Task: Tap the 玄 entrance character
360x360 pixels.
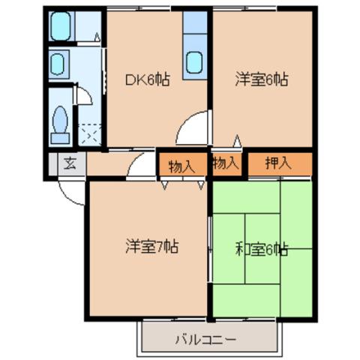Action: [69, 163]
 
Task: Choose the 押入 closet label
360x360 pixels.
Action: [278, 163]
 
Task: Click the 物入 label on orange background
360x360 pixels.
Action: [181, 166]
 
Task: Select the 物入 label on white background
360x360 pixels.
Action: [226, 162]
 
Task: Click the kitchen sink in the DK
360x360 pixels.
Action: [195, 62]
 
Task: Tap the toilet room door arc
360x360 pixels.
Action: [84, 96]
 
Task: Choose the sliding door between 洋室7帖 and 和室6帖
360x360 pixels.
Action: [209, 247]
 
